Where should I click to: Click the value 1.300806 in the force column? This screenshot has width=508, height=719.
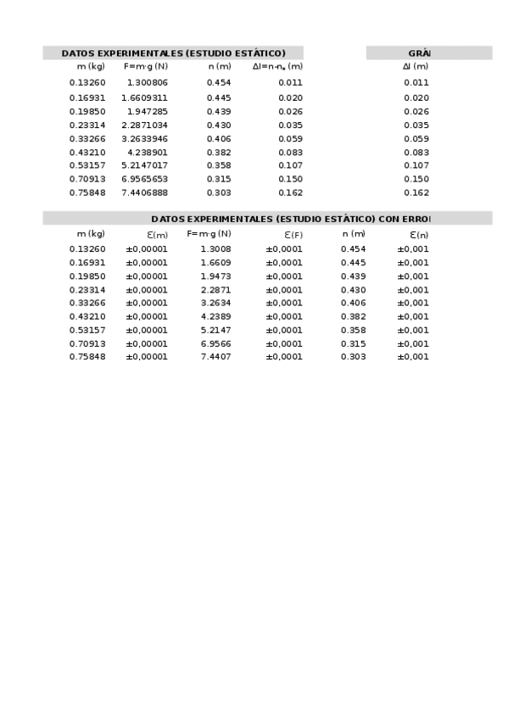(148, 83)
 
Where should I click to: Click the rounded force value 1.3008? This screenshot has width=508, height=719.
(215, 249)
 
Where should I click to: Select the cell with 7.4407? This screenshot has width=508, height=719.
(215, 357)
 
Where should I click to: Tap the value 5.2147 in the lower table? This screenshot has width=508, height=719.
(215, 330)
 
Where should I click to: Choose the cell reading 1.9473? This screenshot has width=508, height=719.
(215, 276)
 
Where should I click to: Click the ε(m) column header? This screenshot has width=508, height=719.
(158, 235)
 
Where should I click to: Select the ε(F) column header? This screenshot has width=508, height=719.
(293, 235)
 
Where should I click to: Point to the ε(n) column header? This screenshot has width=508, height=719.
(419, 235)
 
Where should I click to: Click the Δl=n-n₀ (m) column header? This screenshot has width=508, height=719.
(277, 66)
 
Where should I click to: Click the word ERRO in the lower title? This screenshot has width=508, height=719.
(416, 219)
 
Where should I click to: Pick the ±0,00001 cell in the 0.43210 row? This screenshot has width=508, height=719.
(147, 316)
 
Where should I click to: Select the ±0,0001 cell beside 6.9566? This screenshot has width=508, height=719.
(284, 343)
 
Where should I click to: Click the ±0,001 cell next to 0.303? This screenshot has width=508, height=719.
(413, 357)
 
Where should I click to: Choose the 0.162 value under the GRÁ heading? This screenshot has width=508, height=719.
(416, 192)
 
